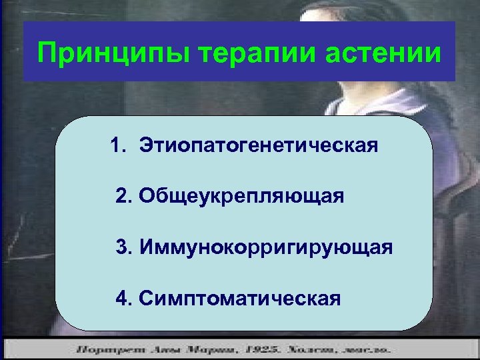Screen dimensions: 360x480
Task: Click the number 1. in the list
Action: coord(119,145)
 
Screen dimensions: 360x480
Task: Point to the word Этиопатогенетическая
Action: coord(259,145)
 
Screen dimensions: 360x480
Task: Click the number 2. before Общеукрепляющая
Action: coord(123,197)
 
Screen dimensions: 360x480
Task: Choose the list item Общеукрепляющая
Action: coord(241,197)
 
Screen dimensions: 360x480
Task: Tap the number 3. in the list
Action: coord(123,248)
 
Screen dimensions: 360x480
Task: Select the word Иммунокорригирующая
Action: coord(265,248)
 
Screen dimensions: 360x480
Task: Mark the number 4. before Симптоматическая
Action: coord(123,298)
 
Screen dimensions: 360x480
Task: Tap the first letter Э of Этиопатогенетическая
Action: coord(146,145)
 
